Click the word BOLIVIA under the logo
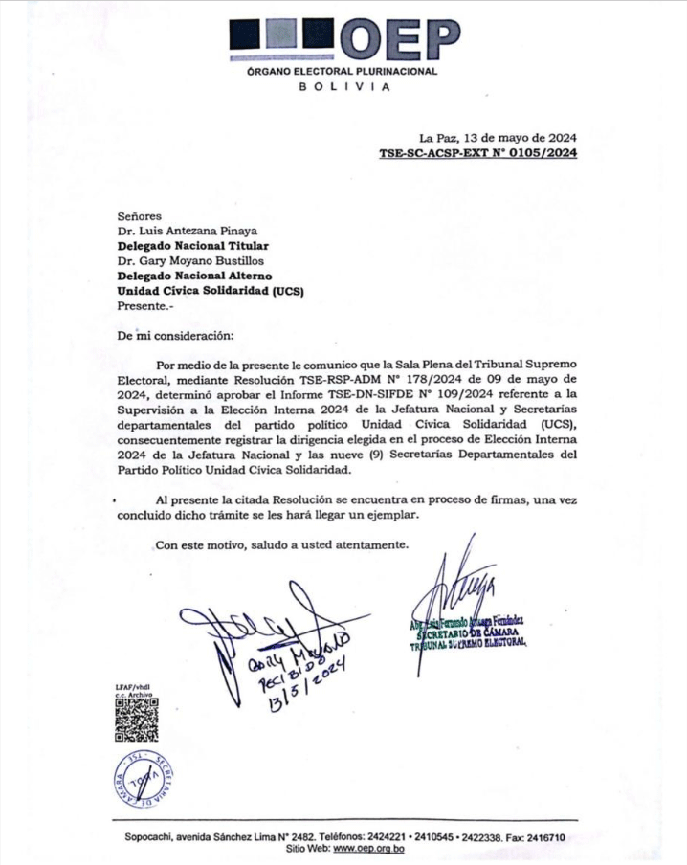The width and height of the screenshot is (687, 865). coord(343,87)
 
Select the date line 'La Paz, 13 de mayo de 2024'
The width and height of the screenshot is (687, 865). coord(497,138)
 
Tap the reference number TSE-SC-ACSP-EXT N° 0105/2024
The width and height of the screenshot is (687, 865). coord(477,152)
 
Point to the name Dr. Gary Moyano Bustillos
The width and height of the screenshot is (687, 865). coord(191,260)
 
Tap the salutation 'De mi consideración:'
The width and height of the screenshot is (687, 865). coord(174,335)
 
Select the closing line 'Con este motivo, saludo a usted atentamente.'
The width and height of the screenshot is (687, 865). coord(281,545)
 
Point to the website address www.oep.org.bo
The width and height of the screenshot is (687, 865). coord(367,849)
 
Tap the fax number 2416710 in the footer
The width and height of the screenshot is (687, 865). coord(545,837)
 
